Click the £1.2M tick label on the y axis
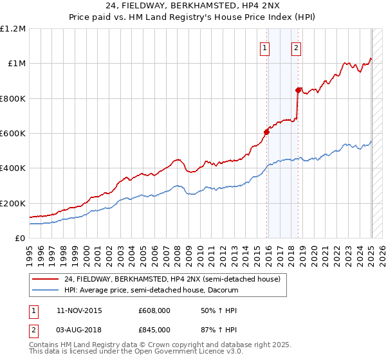13,28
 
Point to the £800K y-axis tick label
13,98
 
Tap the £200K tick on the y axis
13,203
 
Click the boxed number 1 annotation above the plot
265,46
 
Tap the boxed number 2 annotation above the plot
296,46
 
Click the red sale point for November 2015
266,132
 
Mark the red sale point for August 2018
298,91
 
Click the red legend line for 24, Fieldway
46,280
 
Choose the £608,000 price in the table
154,310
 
